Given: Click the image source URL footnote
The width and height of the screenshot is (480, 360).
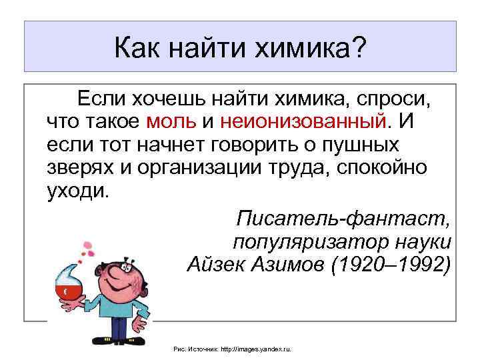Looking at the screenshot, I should (x=237, y=349).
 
